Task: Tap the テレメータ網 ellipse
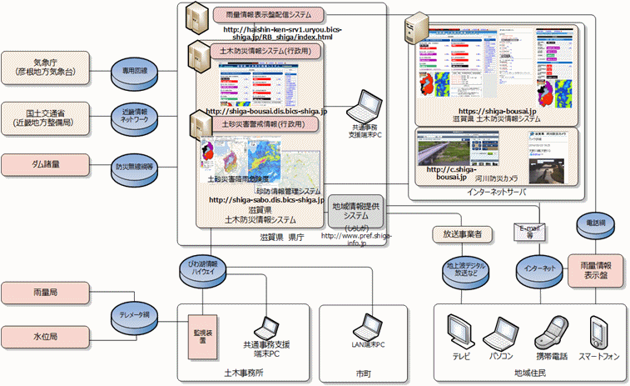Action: coord(135,315)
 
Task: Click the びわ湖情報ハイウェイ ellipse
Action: coord(208,267)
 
